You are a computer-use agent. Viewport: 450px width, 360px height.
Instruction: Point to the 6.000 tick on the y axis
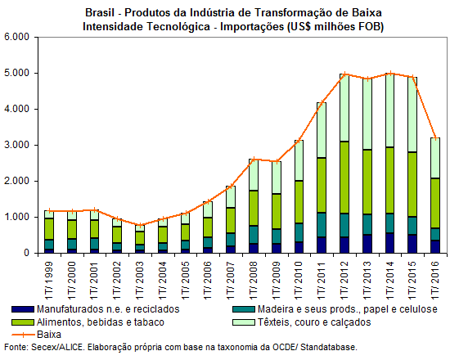17,37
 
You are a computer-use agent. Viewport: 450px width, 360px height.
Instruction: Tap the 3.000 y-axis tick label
17,145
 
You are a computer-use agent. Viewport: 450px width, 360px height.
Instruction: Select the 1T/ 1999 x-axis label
49,280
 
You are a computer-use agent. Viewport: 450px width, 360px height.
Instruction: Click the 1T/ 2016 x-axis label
435,280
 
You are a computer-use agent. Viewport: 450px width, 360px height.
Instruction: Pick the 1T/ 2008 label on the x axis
254,280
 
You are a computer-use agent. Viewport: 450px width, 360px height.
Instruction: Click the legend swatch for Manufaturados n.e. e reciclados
23,309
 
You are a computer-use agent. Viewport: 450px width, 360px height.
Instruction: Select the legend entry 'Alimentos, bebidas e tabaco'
100,322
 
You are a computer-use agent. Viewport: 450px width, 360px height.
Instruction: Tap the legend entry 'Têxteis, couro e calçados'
314,322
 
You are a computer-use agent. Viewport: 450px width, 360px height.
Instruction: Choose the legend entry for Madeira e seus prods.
347,309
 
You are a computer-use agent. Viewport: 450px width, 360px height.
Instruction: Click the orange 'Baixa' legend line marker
23,335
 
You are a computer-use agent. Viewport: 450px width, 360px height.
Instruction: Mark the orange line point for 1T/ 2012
344,74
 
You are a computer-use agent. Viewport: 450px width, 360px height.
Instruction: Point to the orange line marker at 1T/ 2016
435,138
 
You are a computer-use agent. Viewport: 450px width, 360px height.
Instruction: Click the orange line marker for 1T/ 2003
140,225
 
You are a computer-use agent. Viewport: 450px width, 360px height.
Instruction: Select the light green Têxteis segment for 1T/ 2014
389,110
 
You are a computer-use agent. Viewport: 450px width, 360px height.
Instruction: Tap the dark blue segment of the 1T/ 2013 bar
367,244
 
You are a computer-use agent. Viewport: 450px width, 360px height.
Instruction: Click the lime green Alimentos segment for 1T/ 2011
322,185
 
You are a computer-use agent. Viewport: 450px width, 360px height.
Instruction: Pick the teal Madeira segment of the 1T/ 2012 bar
344,225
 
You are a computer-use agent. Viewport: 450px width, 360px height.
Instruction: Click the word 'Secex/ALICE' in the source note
58,348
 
